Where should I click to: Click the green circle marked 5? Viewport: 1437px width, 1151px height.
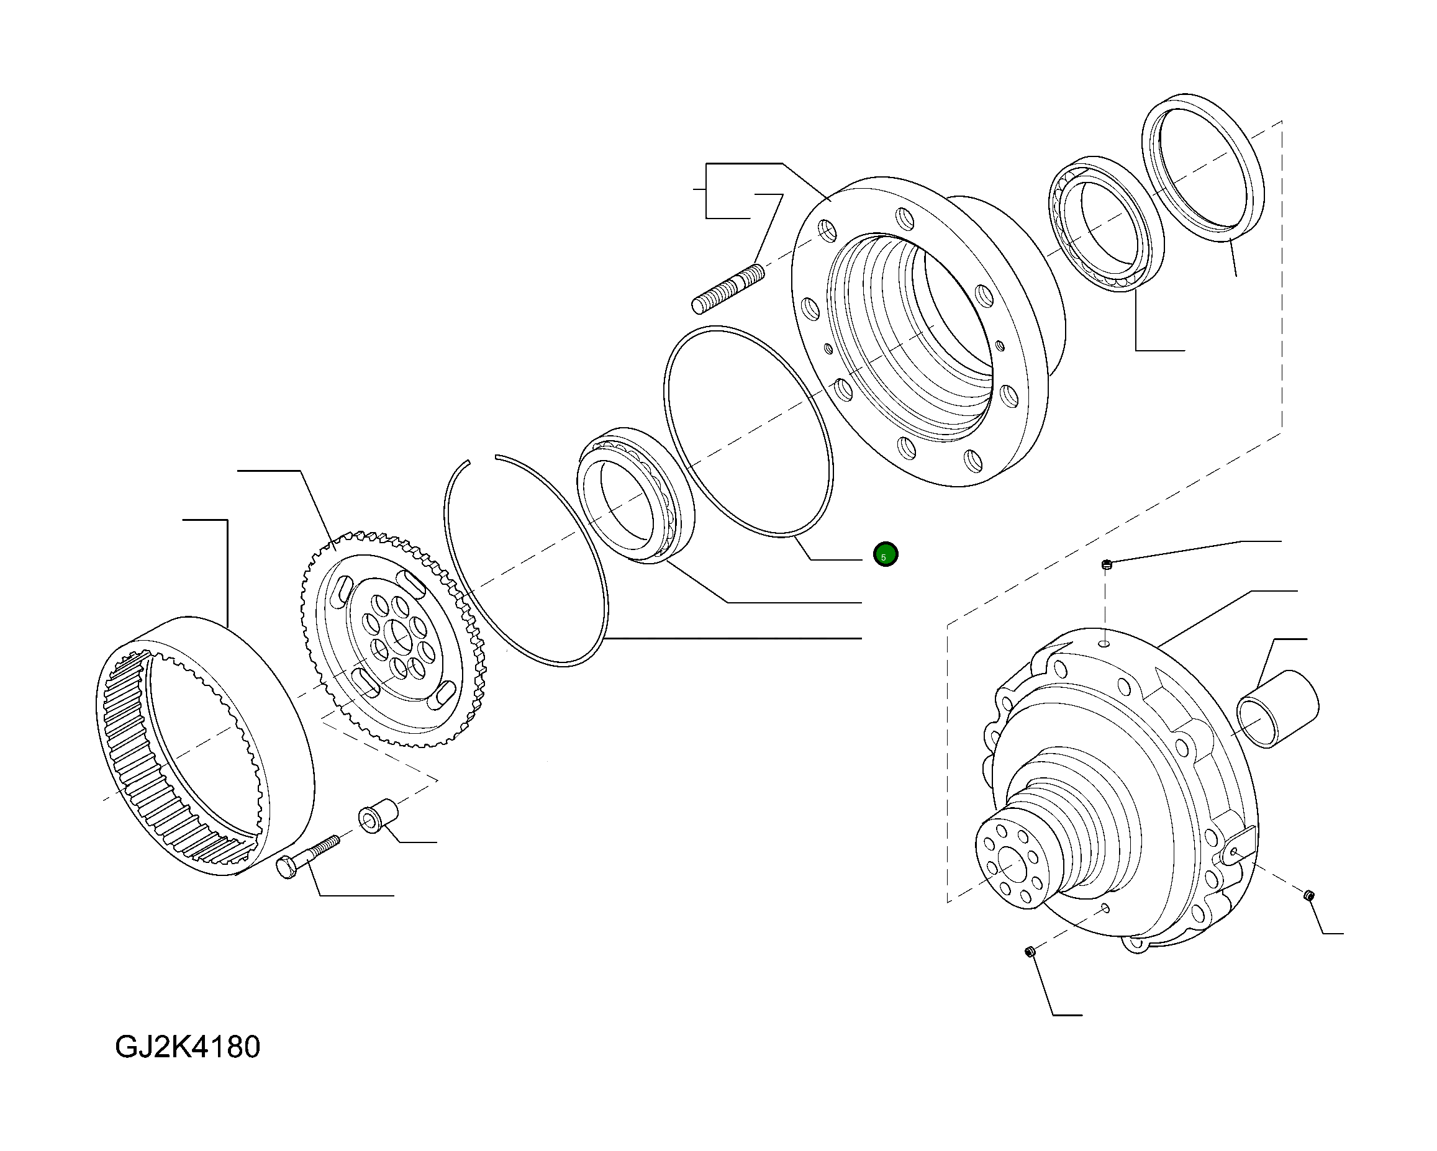(x=885, y=554)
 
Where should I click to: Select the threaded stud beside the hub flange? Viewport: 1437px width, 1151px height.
(x=728, y=289)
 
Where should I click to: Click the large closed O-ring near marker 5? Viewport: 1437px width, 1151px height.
(x=748, y=431)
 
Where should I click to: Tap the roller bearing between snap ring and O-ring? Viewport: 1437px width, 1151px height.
(x=635, y=495)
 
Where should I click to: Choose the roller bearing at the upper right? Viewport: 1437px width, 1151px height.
(x=1107, y=224)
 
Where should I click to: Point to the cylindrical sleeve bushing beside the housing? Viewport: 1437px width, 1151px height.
(x=1277, y=708)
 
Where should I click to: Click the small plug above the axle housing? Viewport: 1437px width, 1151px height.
(x=1107, y=565)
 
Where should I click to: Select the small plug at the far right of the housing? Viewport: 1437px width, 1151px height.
(x=1308, y=895)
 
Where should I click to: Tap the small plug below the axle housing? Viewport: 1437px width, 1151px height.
(x=1029, y=952)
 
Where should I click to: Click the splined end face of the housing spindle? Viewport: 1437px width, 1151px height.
(x=1012, y=864)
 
